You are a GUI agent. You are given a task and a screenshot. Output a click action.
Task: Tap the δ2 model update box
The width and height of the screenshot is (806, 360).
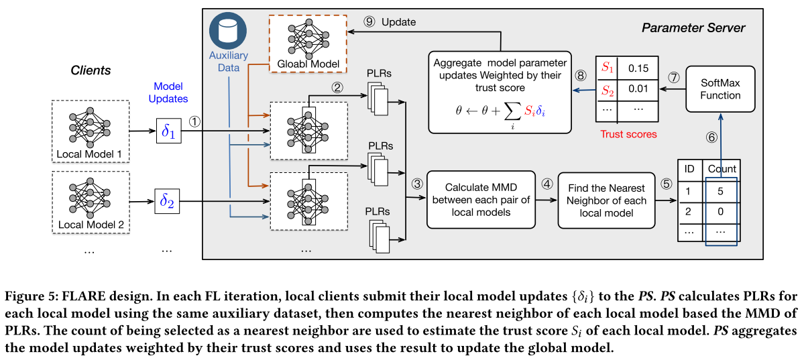pyautogui.click(x=168, y=200)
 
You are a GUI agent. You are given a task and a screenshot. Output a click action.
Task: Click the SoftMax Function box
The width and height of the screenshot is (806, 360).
pyautogui.click(x=721, y=88)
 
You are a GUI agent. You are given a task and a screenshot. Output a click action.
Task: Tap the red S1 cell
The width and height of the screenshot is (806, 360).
pyautogui.click(x=607, y=68)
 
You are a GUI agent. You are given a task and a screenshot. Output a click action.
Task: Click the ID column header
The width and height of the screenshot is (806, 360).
pyautogui.click(x=689, y=169)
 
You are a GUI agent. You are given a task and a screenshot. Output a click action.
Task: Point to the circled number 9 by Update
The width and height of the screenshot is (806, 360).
pyautogui.click(x=369, y=21)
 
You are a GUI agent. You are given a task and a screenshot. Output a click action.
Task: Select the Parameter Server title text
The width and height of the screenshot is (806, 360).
pyautogui.click(x=693, y=27)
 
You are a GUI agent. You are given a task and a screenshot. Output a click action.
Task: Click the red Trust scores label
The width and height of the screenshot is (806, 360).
pyautogui.click(x=628, y=134)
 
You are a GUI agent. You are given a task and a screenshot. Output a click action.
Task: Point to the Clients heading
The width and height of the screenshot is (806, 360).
pyautogui.click(x=91, y=70)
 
